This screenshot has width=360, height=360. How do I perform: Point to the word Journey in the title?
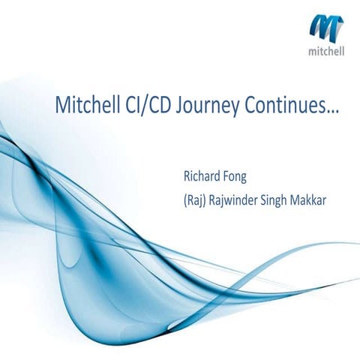(x=211, y=107)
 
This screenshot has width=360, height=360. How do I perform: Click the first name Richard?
(x=200, y=178)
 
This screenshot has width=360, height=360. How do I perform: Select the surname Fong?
(x=235, y=178)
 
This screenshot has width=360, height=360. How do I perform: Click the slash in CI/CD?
(x=151, y=106)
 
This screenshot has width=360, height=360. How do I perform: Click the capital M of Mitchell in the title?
(x=63, y=106)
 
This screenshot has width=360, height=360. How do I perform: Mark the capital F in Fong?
(x=225, y=178)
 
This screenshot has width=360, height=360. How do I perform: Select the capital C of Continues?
(x=251, y=106)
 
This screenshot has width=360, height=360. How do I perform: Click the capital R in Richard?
(x=187, y=178)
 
